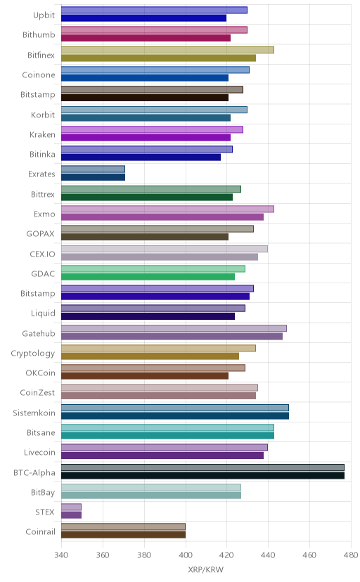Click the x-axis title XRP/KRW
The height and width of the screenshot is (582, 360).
205,569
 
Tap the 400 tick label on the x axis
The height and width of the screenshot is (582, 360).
185,555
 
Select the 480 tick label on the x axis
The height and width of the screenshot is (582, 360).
350,555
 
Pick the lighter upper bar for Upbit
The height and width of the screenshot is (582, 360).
154,10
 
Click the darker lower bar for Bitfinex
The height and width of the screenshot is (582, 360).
158,58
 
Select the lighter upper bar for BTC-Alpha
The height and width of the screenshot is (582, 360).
202,467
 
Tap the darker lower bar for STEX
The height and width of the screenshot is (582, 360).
71,515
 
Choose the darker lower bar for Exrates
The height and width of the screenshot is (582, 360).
93,177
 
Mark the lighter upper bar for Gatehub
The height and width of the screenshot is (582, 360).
174,328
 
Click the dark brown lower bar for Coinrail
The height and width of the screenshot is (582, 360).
123,535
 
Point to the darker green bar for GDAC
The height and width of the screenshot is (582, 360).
148,276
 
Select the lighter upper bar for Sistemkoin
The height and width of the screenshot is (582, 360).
175,408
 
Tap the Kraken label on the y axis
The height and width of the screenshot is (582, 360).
42,134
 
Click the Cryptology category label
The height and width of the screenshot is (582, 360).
33,354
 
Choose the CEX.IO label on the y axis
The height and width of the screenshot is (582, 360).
42,254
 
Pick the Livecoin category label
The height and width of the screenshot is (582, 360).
39,453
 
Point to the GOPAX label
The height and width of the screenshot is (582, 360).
41,234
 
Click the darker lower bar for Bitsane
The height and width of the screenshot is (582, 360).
167,435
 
